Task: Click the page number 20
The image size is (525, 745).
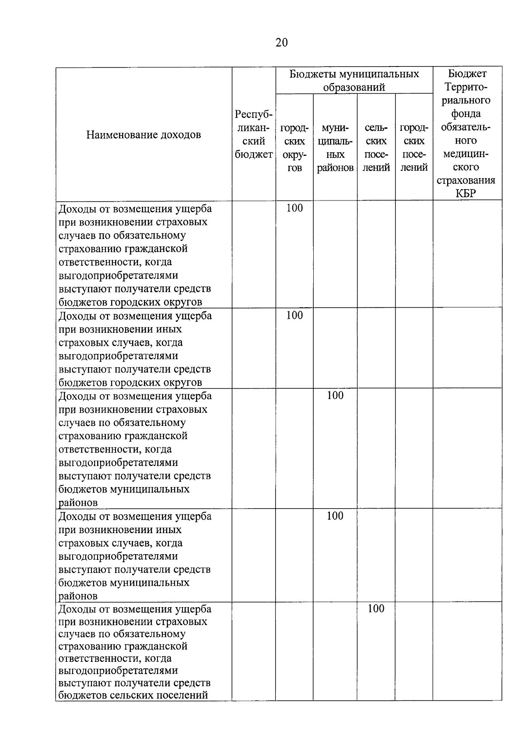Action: [282, 42]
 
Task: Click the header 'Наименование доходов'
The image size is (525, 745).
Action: [143, 135]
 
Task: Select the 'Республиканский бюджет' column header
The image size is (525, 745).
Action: [253, 134]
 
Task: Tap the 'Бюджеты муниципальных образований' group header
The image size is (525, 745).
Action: [354, 81]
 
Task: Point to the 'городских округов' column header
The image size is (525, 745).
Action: [294, 148]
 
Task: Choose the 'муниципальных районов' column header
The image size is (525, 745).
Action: [335, 148]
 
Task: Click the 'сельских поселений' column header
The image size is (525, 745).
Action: [376, 148]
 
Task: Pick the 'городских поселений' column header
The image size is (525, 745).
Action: [414, 148]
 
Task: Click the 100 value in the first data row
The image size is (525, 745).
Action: [294, 208]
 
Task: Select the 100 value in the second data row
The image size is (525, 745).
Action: [294, 315]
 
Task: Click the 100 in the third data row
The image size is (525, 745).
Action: [335, 395]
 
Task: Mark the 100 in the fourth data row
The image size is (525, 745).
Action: [335, 516]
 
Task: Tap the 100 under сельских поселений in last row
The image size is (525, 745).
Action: [376, 608]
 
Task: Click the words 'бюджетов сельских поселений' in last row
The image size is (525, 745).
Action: [133, 695]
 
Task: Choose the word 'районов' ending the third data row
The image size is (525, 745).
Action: [78, 503]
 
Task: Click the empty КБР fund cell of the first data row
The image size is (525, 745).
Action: [467, 254]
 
